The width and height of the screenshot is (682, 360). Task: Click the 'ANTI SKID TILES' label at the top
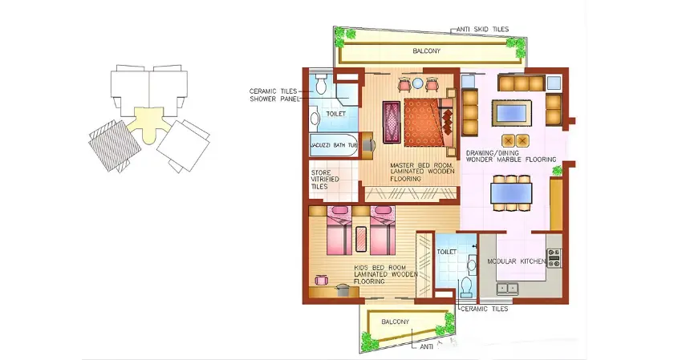point(481,29)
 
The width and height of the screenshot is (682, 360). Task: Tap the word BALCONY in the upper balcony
point(426,51)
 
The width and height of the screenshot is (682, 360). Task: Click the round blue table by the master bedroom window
point(420,82)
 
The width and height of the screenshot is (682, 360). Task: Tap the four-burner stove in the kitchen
point(554,258)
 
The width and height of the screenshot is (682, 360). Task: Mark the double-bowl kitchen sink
point(507,287)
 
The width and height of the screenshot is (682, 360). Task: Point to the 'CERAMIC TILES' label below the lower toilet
point(484,308)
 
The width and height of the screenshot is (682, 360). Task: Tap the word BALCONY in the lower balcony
point(396,322)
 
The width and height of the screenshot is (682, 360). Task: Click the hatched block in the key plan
point(108,143)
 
